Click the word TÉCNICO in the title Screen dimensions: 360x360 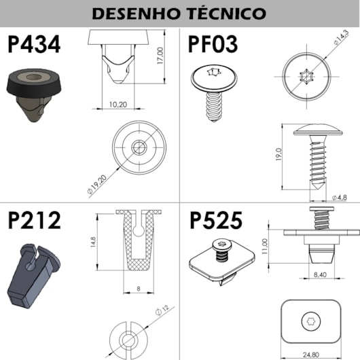coord(227,14)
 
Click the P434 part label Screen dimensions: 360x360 coord(34,44)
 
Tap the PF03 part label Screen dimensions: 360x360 coord(213,44)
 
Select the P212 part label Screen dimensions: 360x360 coord(35,220)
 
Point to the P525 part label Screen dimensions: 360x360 coord(216,220)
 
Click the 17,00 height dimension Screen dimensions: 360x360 coord(160,55)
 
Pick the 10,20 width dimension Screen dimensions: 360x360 coord(118,105)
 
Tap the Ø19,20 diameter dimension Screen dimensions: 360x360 coord(97,184)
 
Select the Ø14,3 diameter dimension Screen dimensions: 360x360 coord(341,37)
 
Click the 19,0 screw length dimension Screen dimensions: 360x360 coord(278,154)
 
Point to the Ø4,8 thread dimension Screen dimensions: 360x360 coord(340,198)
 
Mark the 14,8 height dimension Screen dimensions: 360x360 coord(93,242)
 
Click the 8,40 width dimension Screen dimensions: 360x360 coord(320,274)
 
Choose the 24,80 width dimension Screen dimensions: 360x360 coord(310,355)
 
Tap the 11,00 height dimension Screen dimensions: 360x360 coord(265,246)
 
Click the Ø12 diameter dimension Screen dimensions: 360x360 coord(162,310)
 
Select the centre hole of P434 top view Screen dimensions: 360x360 coord(139,147)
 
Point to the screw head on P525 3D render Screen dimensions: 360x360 coord(222,245)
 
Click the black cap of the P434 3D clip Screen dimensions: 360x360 coord(34,83)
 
